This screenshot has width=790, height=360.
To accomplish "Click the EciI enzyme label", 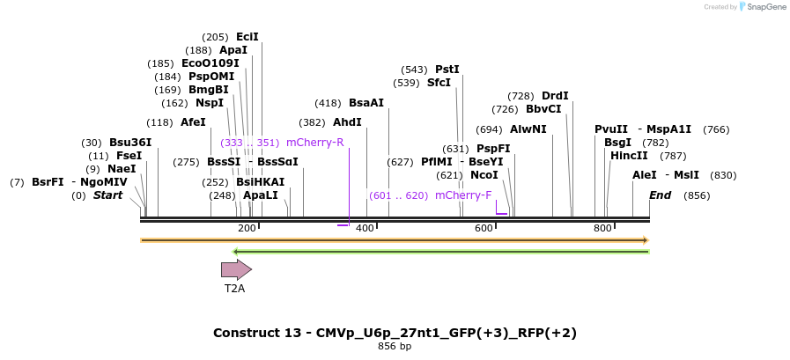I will point(247,37).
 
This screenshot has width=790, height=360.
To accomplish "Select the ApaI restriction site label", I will point(233,50).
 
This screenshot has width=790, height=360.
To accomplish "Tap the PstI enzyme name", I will point(447,70).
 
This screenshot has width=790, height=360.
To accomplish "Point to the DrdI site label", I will point(555,96).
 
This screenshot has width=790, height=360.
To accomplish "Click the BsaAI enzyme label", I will point(366,103).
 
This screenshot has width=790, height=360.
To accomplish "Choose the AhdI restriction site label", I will point(347,122).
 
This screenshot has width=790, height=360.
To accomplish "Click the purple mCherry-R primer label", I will point(314,143).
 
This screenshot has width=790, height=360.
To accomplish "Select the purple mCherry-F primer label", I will point(463,195).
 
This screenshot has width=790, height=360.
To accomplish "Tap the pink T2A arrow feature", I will point(236,269).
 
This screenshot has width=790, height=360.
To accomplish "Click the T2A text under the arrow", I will point(234,288).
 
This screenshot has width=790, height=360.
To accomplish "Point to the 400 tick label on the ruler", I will point(365,229).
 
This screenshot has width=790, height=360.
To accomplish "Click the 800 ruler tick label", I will point(602,229).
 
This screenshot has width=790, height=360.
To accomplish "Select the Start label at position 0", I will point(107,195).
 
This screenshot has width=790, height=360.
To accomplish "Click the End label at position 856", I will point(660,195).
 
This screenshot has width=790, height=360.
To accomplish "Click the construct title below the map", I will point(395,333).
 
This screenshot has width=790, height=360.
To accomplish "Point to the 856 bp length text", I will point(395,347).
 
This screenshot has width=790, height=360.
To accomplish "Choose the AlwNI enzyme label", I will point(528,129).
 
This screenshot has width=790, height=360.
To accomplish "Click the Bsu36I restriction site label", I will point(130,143).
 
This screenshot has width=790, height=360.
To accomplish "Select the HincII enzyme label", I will point(629,156).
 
